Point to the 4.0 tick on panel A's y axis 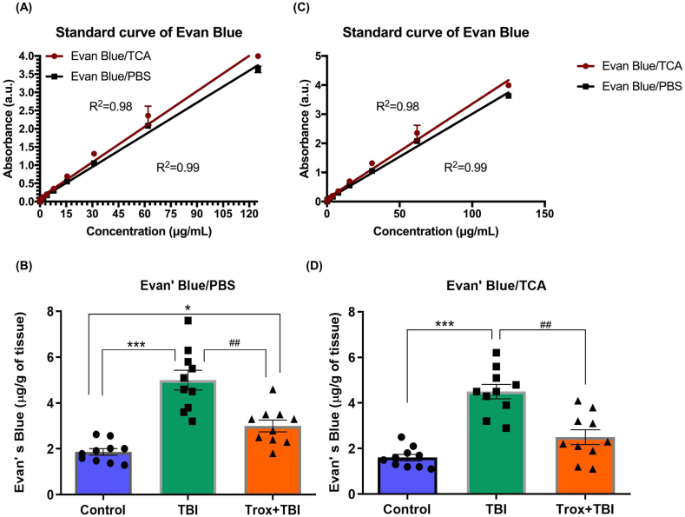point(28,56)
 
